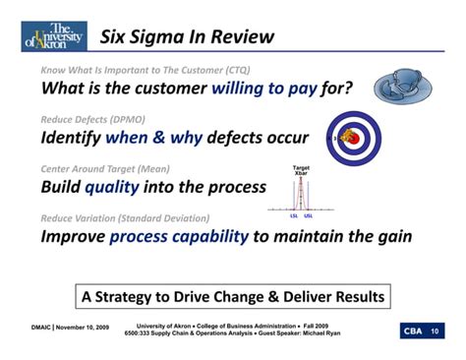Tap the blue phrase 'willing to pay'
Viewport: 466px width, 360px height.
(262, 89)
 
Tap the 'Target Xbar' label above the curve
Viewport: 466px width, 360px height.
(302, 171)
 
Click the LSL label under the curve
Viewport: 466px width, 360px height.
(294, 215)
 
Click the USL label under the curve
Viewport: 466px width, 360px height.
(309, 215)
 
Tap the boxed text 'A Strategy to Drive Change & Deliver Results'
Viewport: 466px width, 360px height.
(233, 295)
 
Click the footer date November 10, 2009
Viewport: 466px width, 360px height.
(80, 329)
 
